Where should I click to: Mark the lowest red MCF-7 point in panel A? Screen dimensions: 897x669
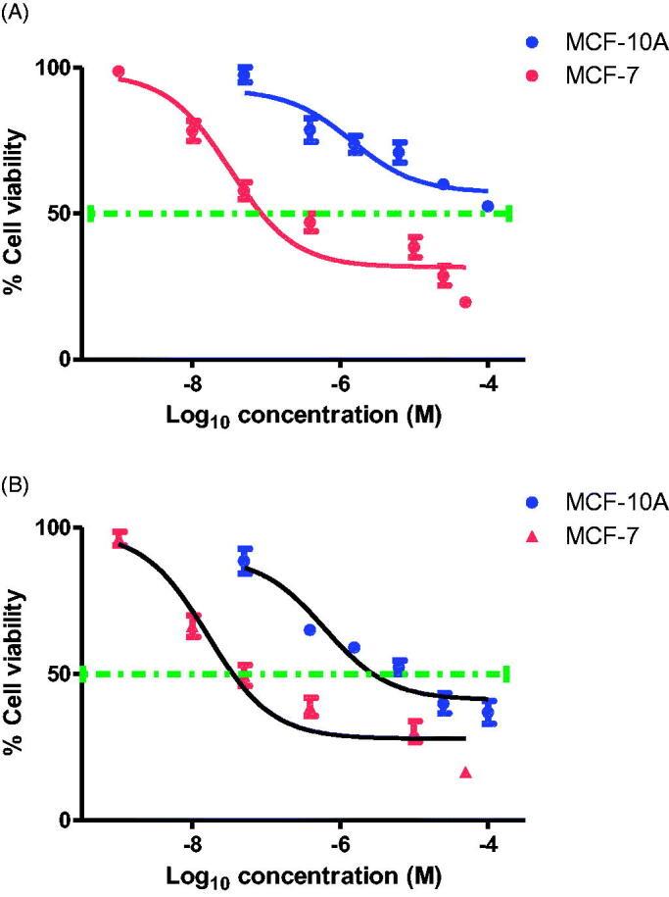[x=465, y=302]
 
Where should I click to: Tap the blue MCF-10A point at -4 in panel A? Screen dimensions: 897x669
[x=488, y=207]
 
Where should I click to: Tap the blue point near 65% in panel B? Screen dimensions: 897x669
[x=310, y=629]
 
